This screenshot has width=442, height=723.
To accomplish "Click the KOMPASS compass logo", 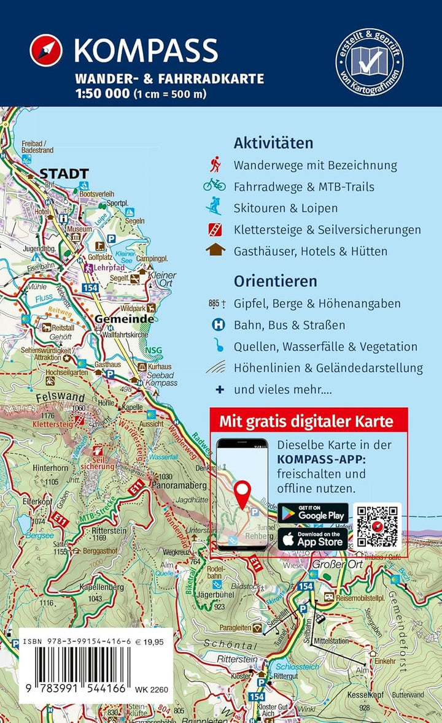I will [46, 50].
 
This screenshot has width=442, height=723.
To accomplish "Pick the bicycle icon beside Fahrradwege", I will [214, 185].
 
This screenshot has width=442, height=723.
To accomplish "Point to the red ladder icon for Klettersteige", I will [214, 229].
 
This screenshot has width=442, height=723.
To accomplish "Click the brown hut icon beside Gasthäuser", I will [214, 250].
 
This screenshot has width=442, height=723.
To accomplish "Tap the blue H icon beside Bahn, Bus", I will [216, 325].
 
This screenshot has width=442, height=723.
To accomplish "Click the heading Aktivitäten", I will [273, 143].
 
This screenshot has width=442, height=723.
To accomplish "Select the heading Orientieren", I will [275, 281].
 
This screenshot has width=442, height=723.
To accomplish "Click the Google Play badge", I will [312, 513].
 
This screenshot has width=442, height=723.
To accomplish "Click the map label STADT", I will [64, 174].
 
